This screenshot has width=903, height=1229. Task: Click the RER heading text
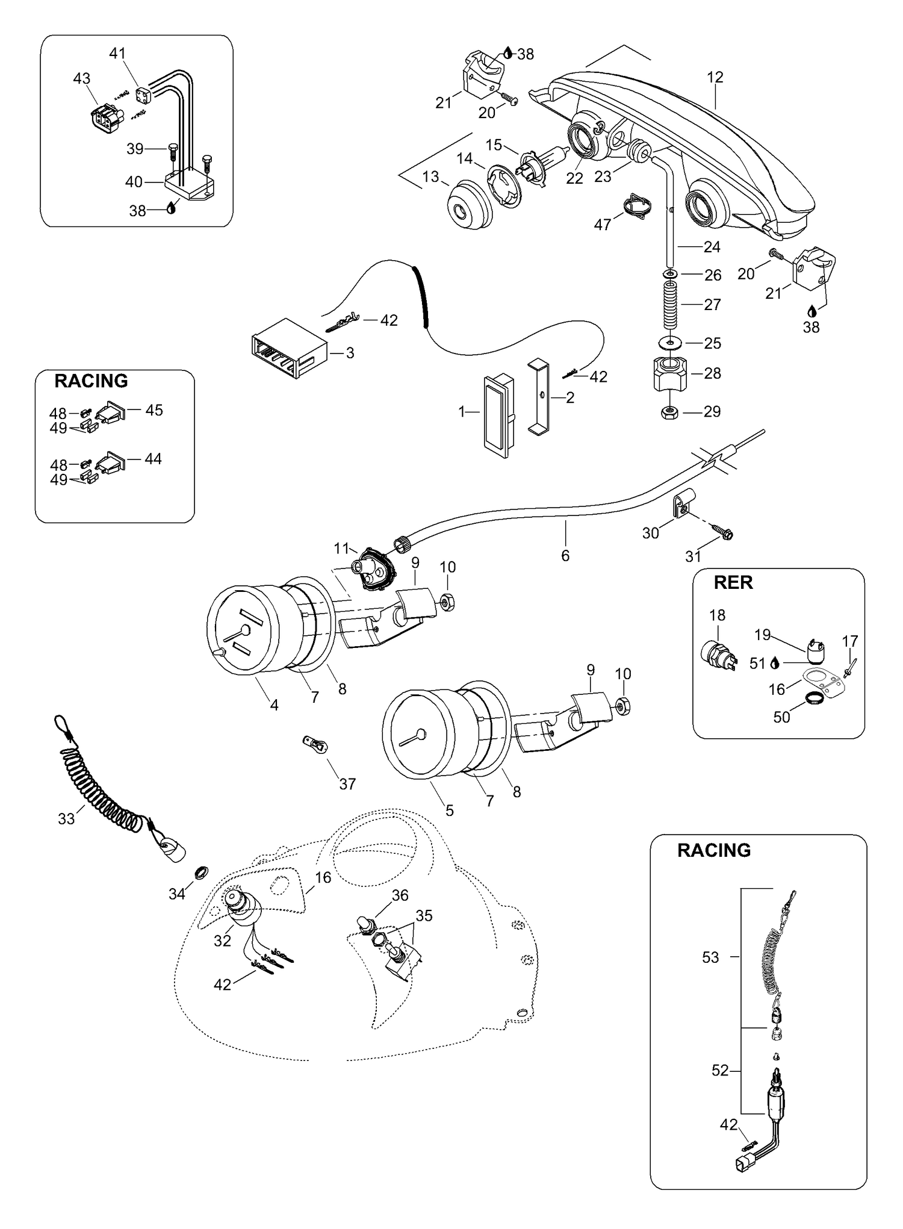[x=733, y=583]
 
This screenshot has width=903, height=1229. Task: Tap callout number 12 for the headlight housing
[x=715, y=77]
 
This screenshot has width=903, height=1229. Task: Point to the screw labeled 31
[x=721, y=532]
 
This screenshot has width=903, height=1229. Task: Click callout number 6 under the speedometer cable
[x=565, y=555]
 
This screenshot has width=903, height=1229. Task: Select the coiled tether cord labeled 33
[x=105, y=783]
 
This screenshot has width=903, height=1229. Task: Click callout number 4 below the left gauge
[x=275, y=705]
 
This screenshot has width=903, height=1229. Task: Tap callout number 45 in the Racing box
[x=154, y=410]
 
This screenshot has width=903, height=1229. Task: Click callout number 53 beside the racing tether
[x=710, y=957]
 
